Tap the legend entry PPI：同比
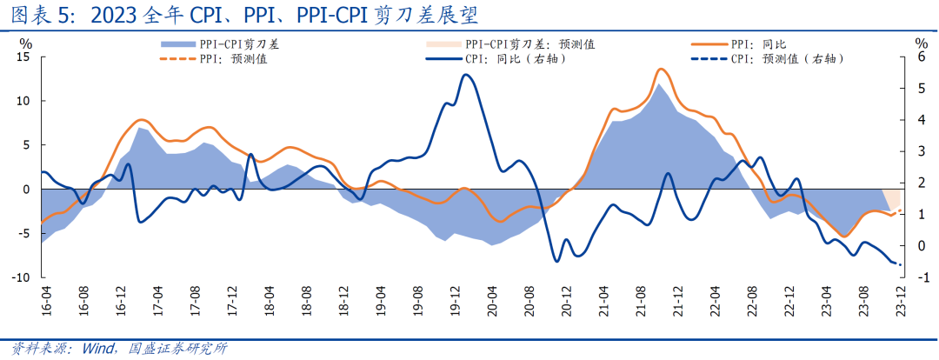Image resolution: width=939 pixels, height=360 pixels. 754,43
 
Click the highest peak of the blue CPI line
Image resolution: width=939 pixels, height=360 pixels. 466,75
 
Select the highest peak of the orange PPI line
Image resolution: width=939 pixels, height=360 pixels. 661,69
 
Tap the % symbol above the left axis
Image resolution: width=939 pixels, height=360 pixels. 25,42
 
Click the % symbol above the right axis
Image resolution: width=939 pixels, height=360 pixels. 920,42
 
